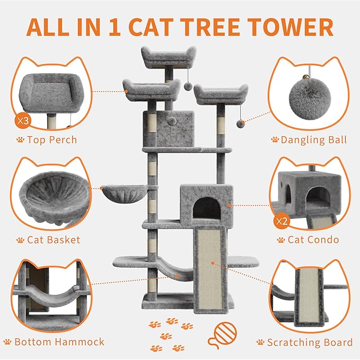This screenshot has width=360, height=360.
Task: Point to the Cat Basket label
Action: coord(54,240)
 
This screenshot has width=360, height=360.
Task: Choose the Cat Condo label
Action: coord(313,240)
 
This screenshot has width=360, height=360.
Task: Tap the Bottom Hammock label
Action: coord(59,341)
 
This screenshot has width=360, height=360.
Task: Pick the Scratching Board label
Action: coord(310,342)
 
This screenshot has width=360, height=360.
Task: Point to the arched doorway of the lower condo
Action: coord(203,209)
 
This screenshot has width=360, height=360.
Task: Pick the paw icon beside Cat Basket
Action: coord(20,240)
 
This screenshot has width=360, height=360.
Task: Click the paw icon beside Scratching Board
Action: coord(260,343)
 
